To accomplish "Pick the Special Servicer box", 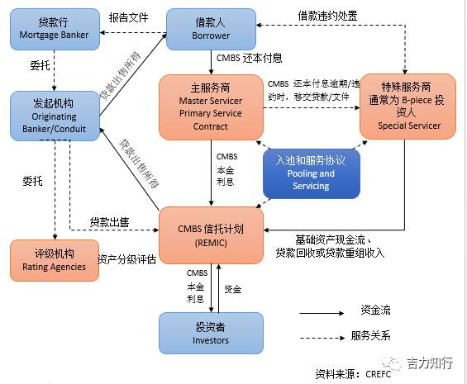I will (x=408, y=107).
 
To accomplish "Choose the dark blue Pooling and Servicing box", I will (x=311, y=173).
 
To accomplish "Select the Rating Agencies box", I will (x=55, y=259).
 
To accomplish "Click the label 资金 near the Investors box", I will (x=232, y=290).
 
